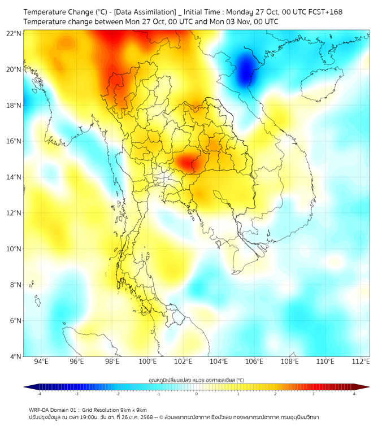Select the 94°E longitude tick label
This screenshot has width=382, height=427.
pyautogui.click(x=41, y=361)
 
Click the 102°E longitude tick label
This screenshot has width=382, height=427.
pyautogui.click(x=184, y=361)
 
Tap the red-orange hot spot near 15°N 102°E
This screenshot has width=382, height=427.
pyautogui.click(x=186, y=163)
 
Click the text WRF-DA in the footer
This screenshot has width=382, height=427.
pyautogui.click(x=40, y=409)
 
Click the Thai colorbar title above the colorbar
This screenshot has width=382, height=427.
pyautogui.click(x=196, y=380)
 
